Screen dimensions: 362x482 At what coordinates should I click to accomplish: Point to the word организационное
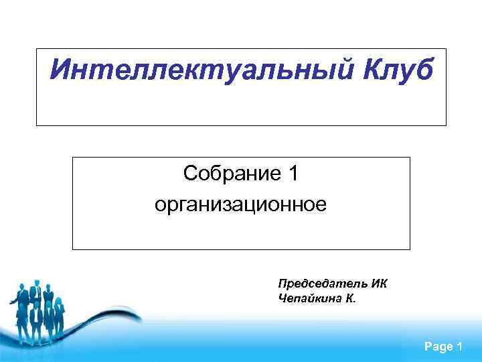[241, 203]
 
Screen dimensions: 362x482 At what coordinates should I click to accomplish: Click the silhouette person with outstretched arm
[20, 295]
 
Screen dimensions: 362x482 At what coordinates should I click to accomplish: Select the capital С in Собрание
[190, 174]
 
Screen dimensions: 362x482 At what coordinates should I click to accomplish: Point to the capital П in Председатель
[283, 284]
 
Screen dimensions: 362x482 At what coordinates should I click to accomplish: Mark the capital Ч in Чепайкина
[282, 298]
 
